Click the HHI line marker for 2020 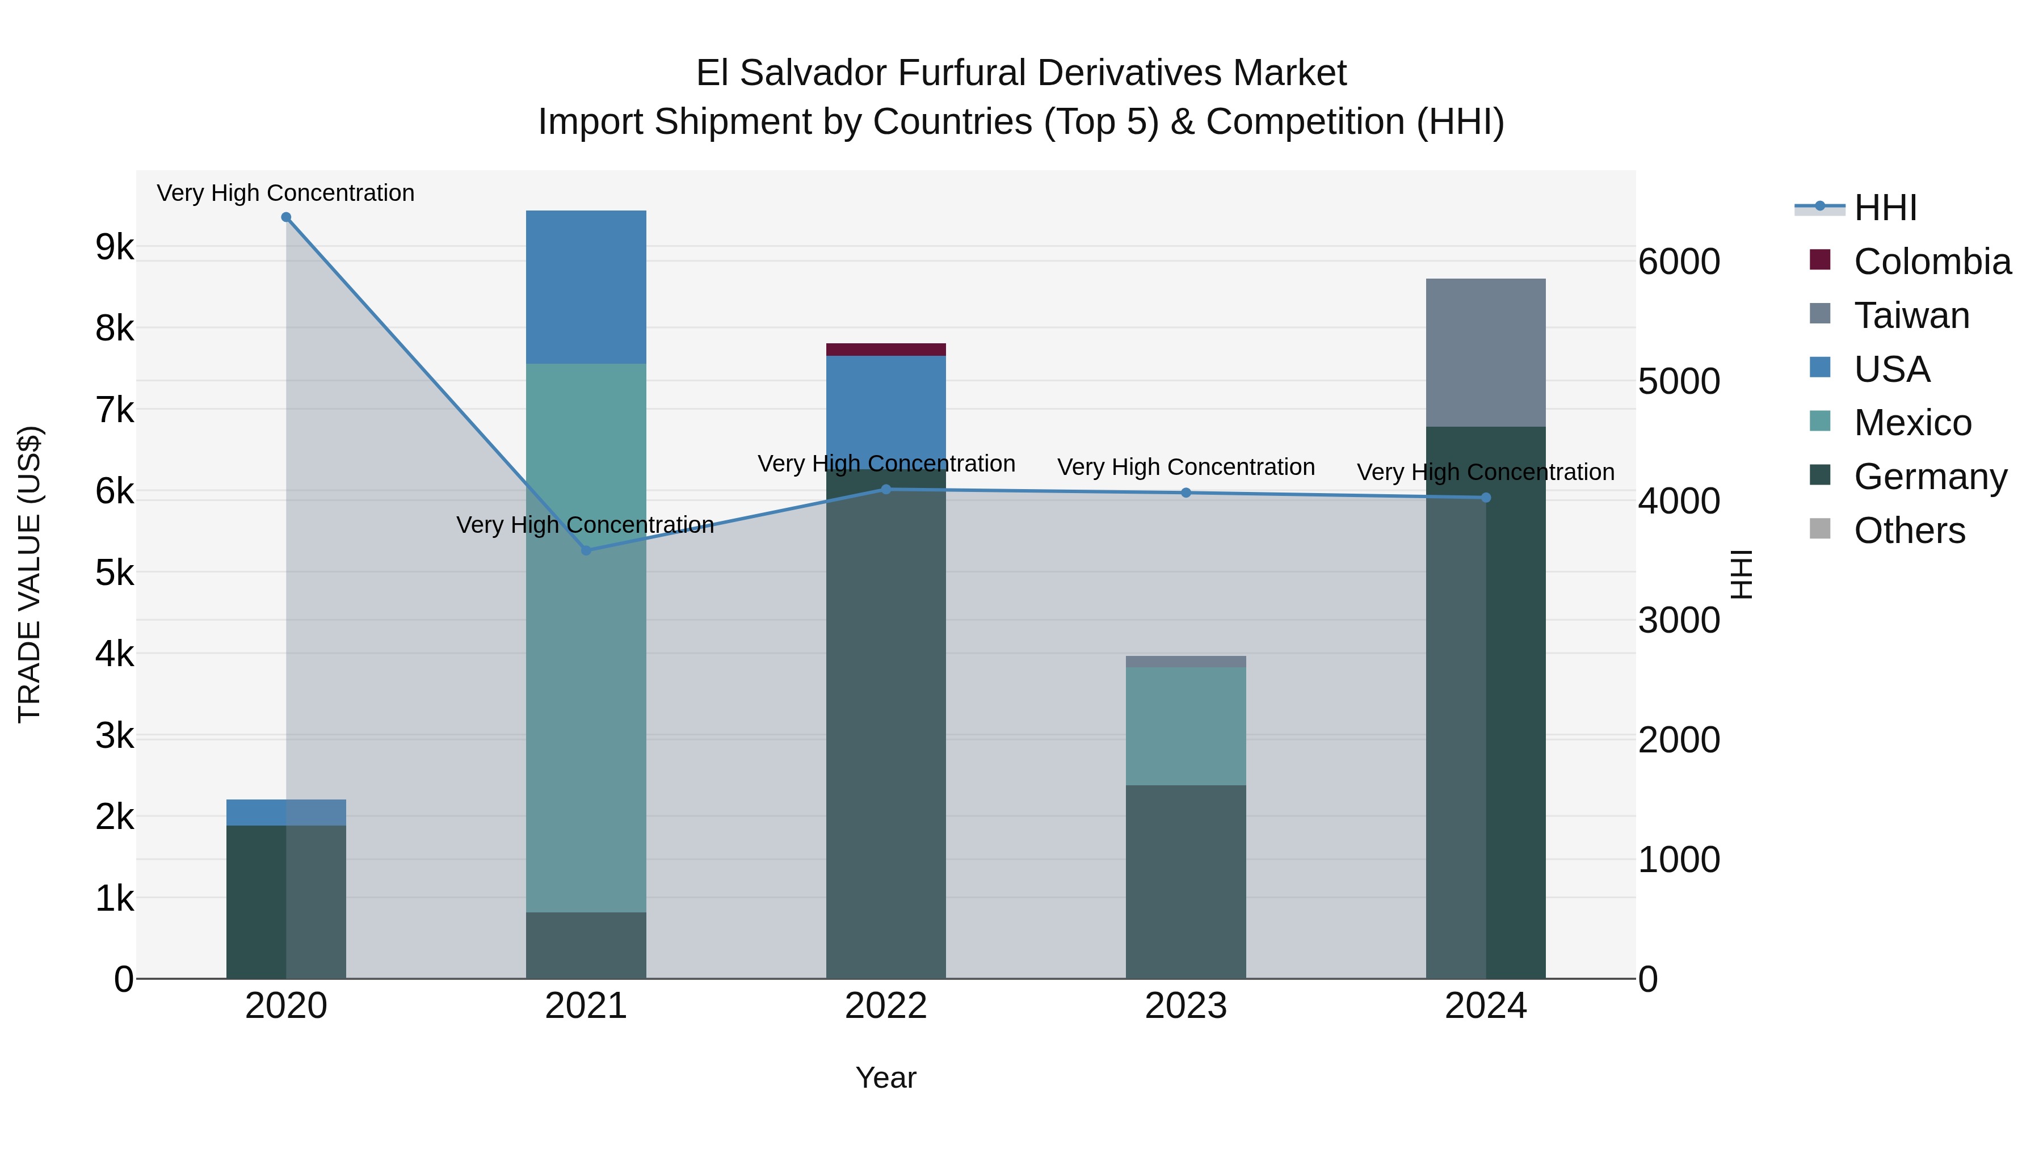point(287,217)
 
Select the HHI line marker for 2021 point(586,550)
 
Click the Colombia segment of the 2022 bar point(886,350)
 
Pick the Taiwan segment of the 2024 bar point(1486,353)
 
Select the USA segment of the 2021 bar point(586,287)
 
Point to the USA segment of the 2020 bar point(287,812)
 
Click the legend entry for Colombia point(1932,262)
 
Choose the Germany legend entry point(1929,477)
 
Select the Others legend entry point(1909,531)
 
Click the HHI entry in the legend point(1885,208)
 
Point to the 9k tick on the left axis point(114,247)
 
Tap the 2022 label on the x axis point(886,1006)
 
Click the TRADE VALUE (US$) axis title point(30,574)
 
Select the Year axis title point(886,1078)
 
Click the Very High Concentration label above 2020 point(285,193)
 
